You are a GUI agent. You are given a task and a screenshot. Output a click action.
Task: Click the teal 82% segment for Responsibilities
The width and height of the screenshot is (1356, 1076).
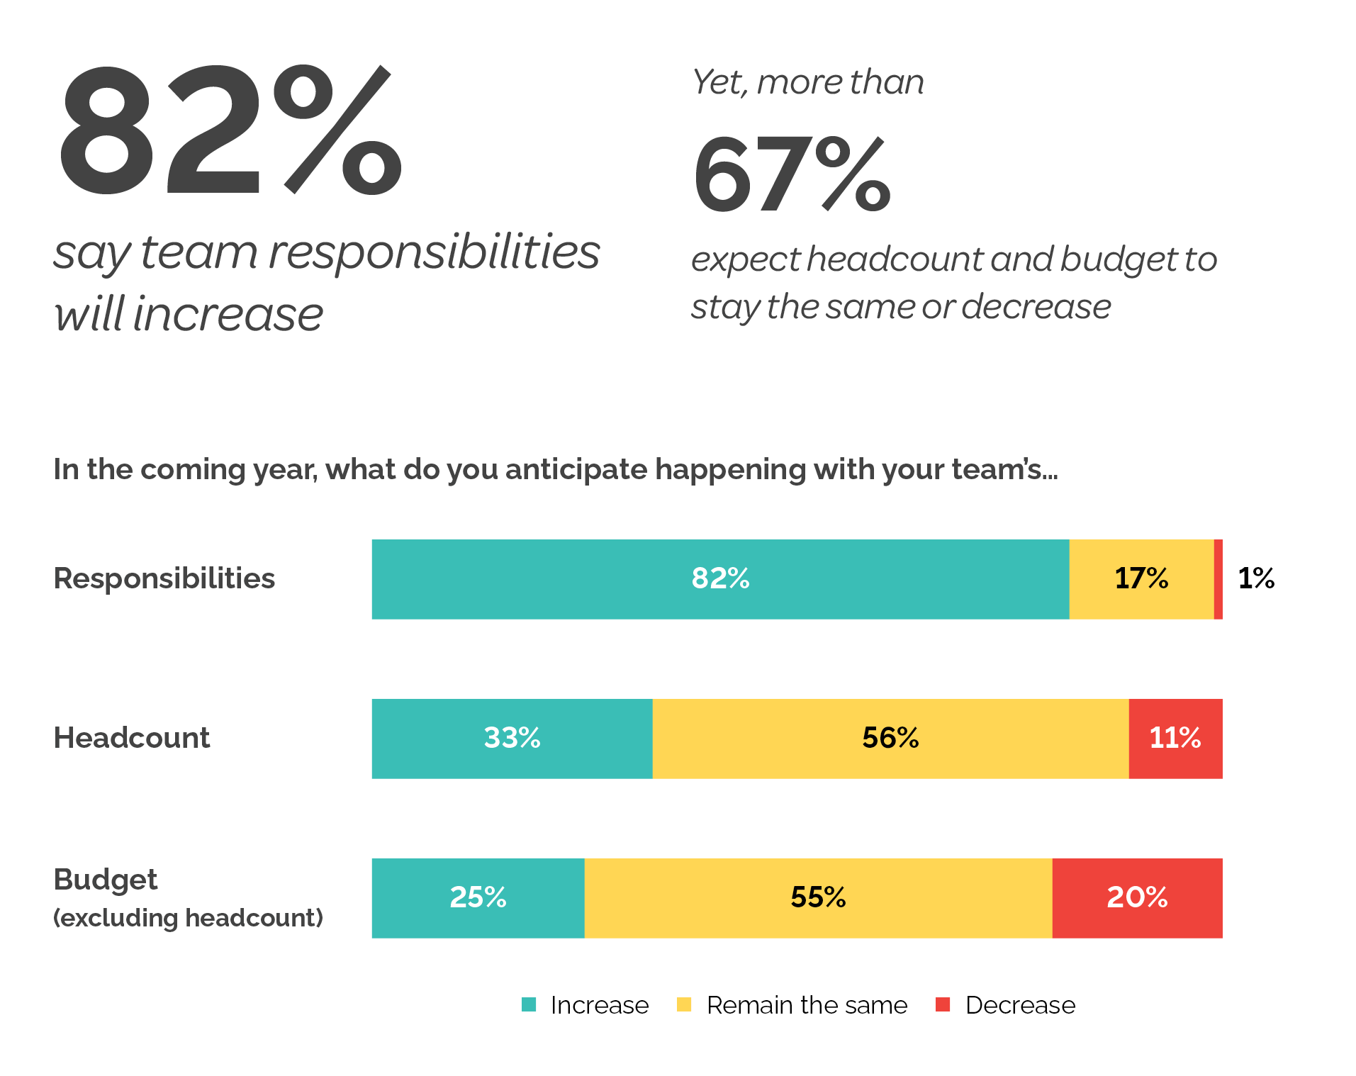720,579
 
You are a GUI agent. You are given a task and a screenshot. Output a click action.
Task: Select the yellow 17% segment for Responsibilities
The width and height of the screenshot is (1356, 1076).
1141,579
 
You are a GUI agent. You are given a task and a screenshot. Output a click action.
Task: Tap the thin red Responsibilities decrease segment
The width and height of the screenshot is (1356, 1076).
1218,579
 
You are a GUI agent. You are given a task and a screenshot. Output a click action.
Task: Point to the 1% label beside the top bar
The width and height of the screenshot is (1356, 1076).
1255,578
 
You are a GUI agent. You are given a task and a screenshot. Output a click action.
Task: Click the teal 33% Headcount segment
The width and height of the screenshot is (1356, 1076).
512,739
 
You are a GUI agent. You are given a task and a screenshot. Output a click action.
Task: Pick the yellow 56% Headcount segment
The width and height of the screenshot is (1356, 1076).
890,739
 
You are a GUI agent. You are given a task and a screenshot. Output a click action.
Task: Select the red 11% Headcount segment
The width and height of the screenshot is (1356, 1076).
1175,739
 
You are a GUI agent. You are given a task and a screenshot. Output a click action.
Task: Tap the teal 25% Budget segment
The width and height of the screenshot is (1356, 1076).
478,898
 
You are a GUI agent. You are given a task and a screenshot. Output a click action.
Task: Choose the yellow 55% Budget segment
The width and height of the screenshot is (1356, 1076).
818,898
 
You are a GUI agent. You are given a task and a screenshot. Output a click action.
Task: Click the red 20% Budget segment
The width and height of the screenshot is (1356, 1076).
1137,898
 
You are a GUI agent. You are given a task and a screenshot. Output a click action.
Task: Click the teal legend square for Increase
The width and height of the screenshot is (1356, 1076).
529,1004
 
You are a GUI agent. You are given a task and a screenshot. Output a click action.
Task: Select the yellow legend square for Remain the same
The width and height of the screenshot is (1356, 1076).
684,1004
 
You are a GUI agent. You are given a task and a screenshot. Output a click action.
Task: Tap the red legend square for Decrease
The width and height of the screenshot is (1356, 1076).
943,1004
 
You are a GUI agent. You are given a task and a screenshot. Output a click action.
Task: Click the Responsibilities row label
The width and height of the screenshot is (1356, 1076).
164,578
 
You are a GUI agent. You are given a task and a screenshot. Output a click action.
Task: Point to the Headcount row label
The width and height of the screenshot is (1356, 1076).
132,738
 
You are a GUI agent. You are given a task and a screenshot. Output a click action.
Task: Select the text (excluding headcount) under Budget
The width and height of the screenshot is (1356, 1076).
188,918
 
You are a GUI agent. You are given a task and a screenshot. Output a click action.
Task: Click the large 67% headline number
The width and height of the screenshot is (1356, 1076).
791,174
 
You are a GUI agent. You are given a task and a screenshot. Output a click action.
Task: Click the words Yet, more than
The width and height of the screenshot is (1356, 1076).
808,82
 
